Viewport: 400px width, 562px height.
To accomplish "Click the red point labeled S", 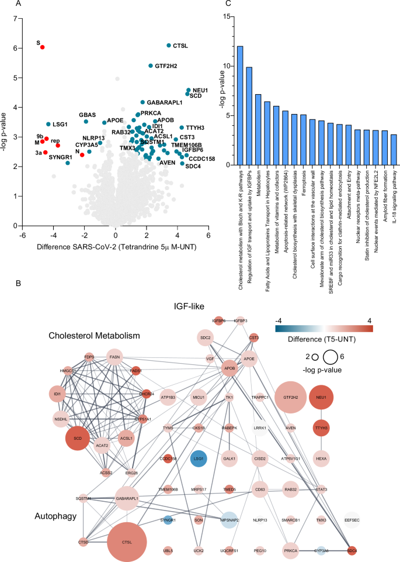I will (x=42, y=47).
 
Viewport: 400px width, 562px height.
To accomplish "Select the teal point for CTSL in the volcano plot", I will (x=169, y=45).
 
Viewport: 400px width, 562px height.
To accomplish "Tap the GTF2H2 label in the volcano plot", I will (x=168, y=66).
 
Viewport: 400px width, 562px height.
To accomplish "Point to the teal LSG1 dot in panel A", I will (x=48, y=124).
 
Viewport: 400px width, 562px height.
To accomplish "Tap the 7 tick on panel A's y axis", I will (x=16, y=19).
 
